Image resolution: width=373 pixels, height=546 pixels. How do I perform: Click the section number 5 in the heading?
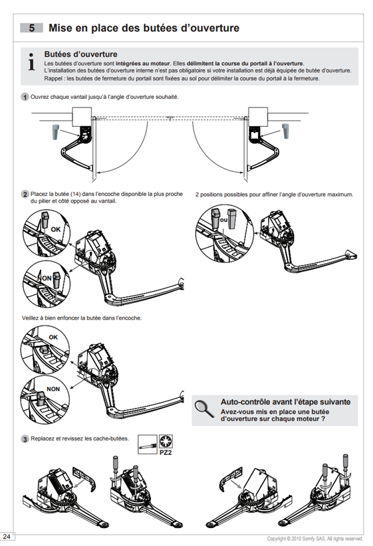pos(32,28)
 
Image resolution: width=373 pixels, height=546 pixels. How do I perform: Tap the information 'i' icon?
pos(32,62)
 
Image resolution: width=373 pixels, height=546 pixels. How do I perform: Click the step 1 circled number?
pos(25,97)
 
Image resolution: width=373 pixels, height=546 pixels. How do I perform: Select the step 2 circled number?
pos(25,195)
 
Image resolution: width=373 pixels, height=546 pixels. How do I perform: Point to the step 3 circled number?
pos(25,439)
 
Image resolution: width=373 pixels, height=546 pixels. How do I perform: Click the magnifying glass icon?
pos(204,409)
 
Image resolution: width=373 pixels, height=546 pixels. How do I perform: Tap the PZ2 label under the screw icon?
pos(166,453)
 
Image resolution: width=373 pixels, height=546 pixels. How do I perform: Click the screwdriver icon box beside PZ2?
pos(148,444)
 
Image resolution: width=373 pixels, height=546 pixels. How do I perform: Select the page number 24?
pos(7,536)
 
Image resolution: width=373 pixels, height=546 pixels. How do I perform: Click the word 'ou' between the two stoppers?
pos(224,220)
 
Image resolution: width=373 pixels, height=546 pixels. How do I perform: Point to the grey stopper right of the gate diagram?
pos(285,132)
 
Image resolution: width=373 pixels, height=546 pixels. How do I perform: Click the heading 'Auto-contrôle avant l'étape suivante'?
pos(285,402)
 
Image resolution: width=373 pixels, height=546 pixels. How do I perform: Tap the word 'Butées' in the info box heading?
pos(57,54)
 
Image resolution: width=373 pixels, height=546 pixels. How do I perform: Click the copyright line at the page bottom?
pos(314,539)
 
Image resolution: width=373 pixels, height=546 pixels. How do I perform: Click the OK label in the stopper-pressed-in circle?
pos(53,337)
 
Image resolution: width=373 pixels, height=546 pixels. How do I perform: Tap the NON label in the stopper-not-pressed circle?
pos(53,389)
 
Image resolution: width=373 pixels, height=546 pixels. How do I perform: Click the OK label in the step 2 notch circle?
pos(56,229)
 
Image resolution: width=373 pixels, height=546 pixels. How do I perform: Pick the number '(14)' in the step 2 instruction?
pos(76,194)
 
